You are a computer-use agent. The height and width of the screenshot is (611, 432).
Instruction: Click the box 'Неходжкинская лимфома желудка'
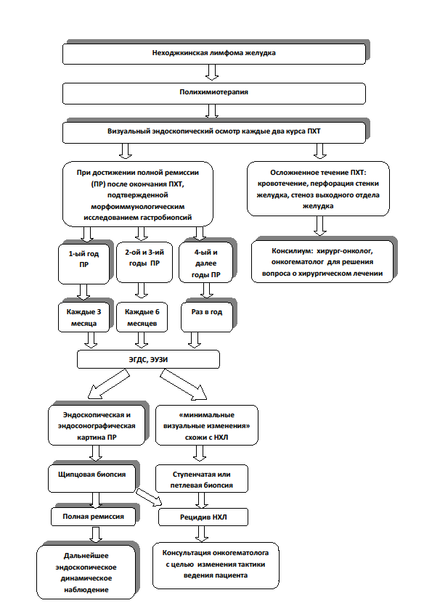(x=214, y=54)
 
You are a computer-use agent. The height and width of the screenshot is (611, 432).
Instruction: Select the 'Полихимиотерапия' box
(x=214, y=93)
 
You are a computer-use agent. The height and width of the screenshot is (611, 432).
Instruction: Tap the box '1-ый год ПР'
(x=83, y=264)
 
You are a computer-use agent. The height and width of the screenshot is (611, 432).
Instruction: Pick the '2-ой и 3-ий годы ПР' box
(x=144, y=262)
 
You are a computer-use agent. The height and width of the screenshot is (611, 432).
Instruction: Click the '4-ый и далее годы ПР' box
(x=206, y=262)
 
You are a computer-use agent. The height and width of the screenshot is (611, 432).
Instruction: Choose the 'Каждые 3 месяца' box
(x=83, y=318)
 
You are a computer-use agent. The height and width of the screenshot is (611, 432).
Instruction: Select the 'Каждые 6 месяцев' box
(x=142, y=318)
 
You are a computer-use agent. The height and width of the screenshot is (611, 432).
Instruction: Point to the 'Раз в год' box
(x=207, y=318)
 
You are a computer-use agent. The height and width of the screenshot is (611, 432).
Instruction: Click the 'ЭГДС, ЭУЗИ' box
(x=149, y=359)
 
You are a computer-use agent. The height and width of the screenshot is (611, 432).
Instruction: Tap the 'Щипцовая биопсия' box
(x=92, y=478)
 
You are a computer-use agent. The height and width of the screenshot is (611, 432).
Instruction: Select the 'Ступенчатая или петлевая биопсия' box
(x=202, y=479)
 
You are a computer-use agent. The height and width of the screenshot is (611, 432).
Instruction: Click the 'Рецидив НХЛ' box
(x=203, y=517)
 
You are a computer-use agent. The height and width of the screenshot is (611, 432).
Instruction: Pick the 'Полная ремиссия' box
(x=93, y=517)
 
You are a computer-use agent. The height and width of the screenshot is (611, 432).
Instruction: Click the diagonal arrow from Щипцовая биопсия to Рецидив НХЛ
(x=149, y=496)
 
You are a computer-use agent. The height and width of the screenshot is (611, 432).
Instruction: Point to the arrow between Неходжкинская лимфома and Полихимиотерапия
(x=212, y=73)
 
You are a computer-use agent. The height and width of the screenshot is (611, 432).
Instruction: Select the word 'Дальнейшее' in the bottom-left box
(x=86, y=556)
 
